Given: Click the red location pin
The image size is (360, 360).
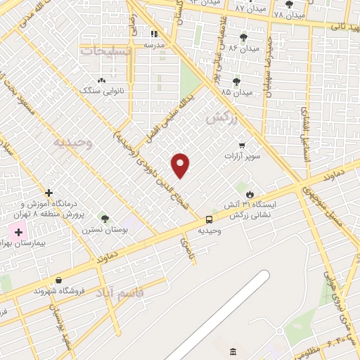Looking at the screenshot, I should coord(181,165).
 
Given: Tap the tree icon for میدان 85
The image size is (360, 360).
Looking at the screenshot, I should coord(236,81).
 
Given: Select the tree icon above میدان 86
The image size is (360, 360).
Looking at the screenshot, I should coord(243,37).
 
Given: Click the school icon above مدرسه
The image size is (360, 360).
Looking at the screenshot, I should coord(155,33).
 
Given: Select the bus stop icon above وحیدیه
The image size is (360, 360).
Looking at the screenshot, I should coord(209,219).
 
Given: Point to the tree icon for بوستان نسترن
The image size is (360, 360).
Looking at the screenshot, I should coord(105,219).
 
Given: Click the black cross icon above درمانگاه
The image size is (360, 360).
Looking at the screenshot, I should coord(49,193).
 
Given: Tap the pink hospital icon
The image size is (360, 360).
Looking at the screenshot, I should coord(18,231).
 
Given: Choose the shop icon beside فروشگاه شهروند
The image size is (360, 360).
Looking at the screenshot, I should coord(58,280).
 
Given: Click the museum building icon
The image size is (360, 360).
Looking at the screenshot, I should coord(233,351).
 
